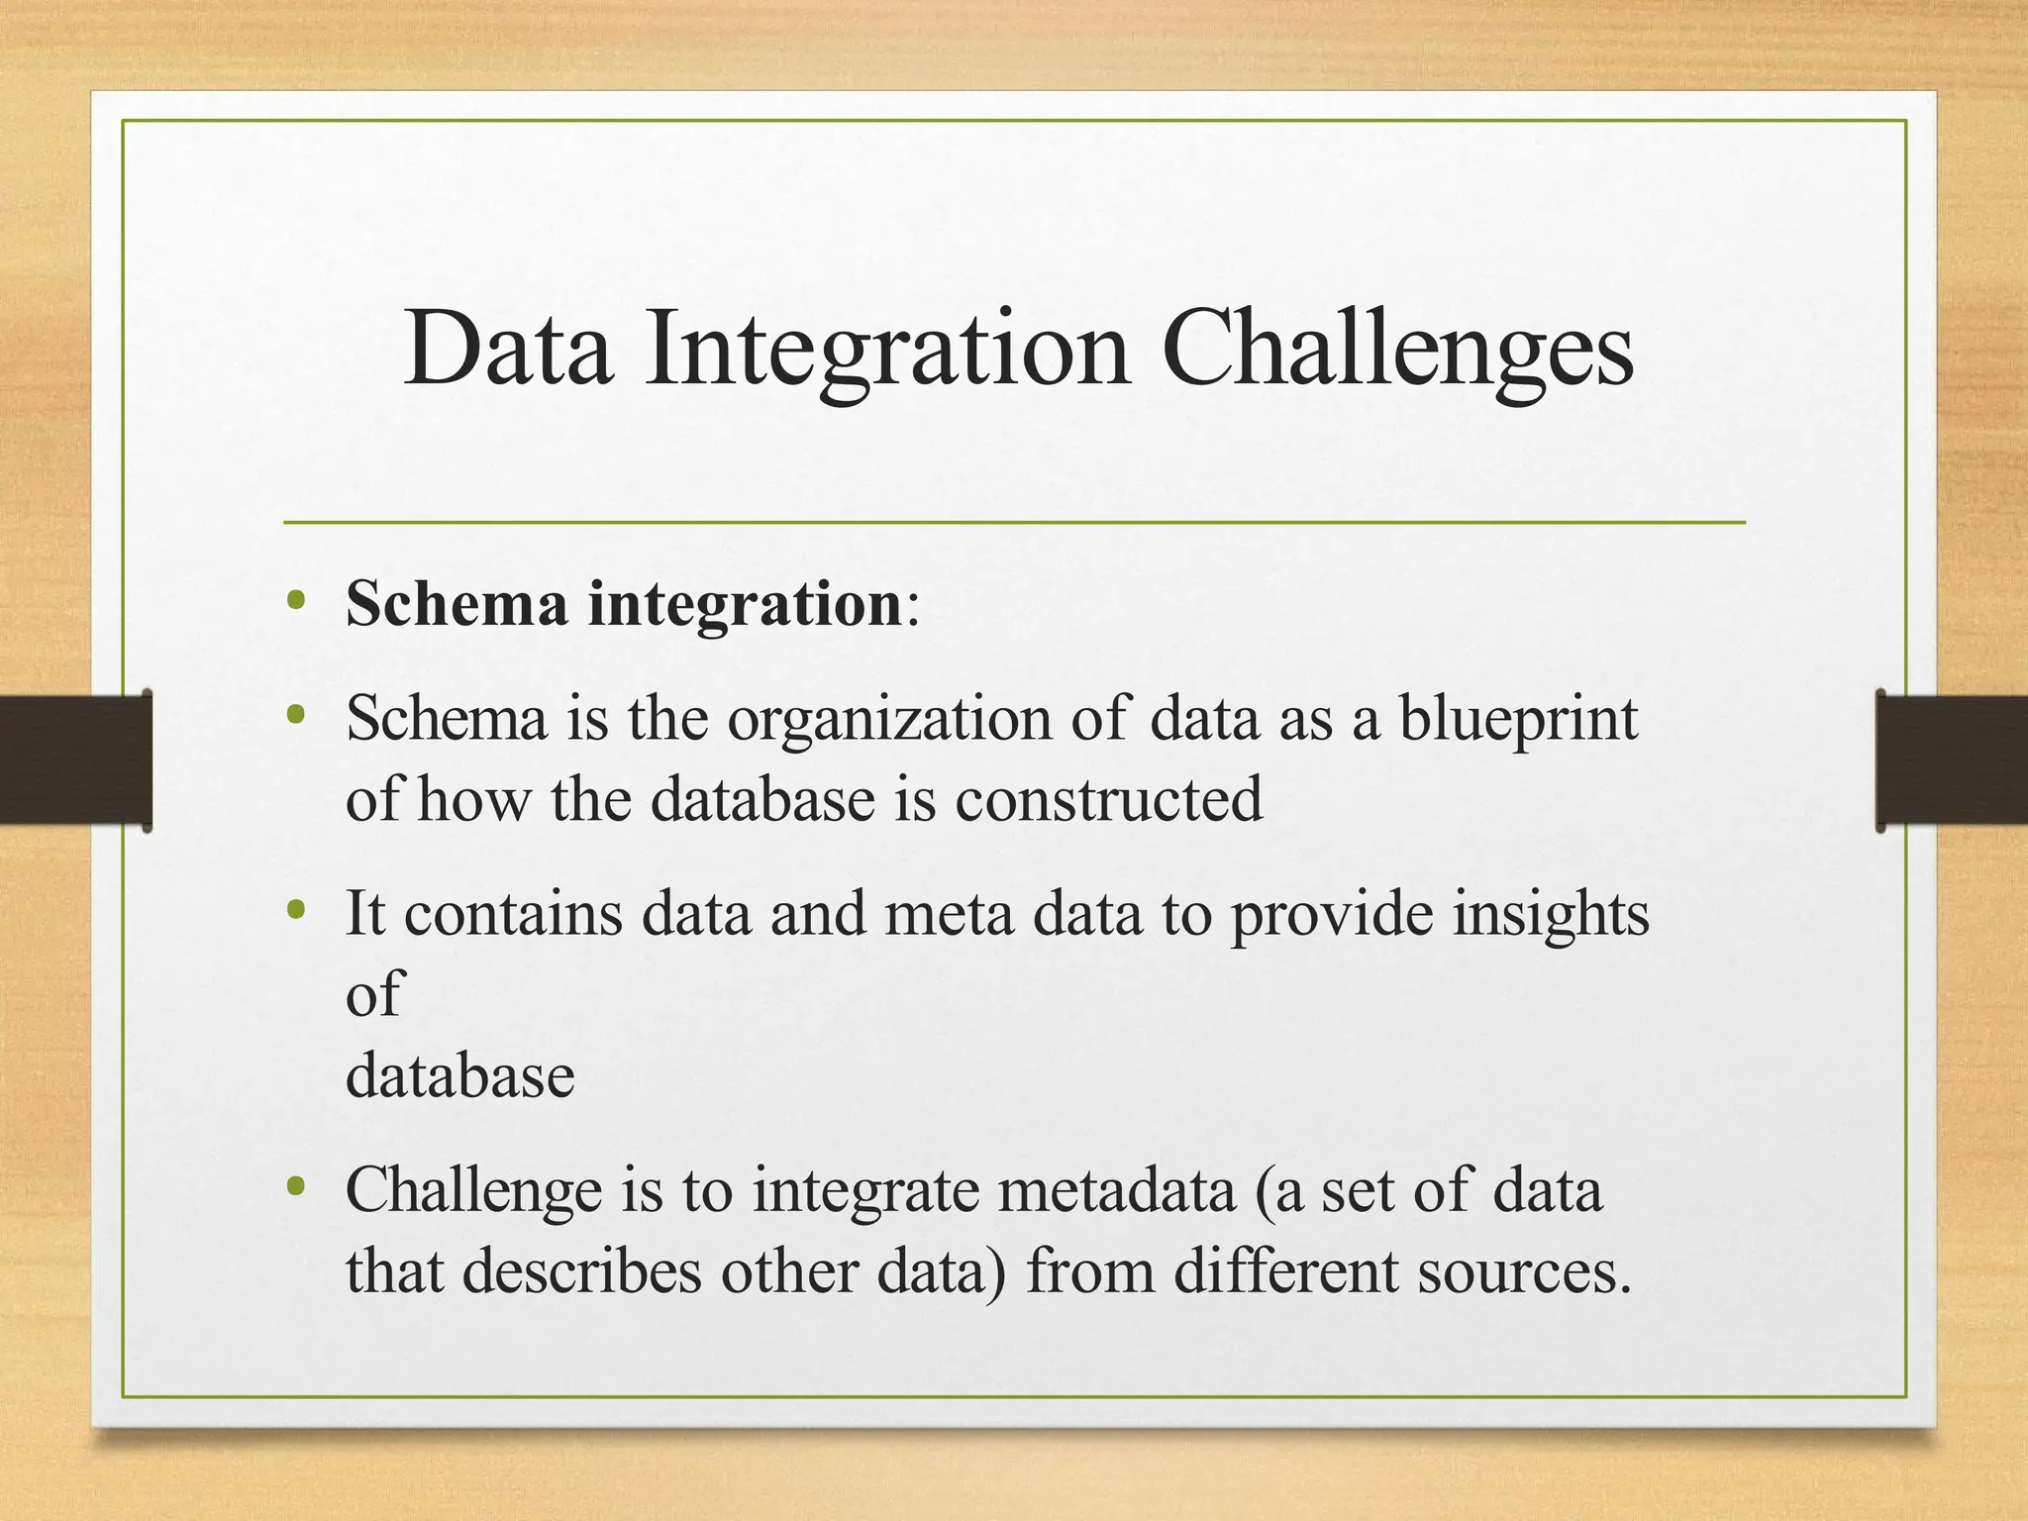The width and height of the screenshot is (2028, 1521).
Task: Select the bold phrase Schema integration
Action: [x=624, y=603]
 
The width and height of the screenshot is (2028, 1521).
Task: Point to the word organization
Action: [x=889, y=719]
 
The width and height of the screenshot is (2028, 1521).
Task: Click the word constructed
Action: [x=1109, y=799]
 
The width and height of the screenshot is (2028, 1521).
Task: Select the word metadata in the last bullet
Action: [x=1117, y=1189]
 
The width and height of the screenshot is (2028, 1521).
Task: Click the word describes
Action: [x=582, y=1270]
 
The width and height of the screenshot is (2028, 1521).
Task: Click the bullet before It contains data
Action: [x=295, y=909]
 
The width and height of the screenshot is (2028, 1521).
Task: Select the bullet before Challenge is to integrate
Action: [x=295, y=1185]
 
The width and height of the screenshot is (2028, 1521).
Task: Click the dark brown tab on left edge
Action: [x=74, y=760]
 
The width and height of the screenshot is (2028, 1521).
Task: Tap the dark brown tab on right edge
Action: [x=1951, y=760]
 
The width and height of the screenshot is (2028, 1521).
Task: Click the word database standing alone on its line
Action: [x=459, y=1075]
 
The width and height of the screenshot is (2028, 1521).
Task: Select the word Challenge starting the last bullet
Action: [x=473, y=1189]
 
